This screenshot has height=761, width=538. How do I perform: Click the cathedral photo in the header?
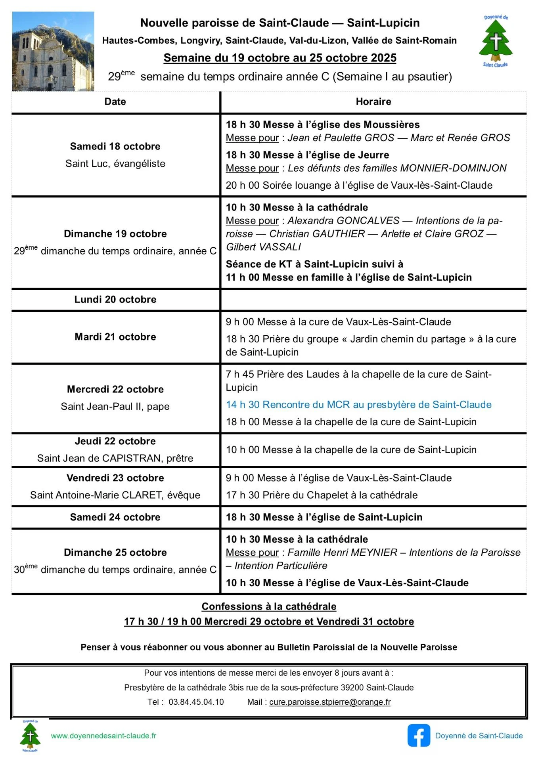click(x=53, y=51)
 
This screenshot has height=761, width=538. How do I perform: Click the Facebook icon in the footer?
click(x=418, y=735)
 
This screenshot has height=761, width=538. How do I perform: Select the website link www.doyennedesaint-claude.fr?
click(x=103, y=736)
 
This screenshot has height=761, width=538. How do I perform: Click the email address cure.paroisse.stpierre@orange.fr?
click(x=330, y=702)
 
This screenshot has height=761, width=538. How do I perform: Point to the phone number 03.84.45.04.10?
click(x=196, y=702)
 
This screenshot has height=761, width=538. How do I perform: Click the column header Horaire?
click(x=373, y=101)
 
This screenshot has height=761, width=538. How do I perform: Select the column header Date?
click(x=115, y=101)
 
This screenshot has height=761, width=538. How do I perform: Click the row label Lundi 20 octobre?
click(x=115, y=299)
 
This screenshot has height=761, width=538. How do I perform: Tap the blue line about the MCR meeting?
click(x=358, y=404)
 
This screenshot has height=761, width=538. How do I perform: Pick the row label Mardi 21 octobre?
click(x=115, y=337)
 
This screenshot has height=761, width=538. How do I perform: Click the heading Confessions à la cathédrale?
click(x=269, y=606)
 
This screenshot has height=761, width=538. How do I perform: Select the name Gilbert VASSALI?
click(x=263, y=247)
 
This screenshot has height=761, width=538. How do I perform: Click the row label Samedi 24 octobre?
click(x=115, y=517)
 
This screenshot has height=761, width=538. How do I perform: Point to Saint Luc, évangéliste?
click(x=115, y=163)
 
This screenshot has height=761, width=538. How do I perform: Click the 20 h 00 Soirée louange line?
click(x=359, y=185)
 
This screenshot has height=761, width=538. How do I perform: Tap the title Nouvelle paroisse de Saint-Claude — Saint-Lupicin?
click(x=280, y=23)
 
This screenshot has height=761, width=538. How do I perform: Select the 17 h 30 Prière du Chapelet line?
click(x=322, y=495)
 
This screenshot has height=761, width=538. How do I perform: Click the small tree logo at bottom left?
click(x=30, y=736)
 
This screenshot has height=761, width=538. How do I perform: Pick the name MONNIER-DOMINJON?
click(x=453, y=168)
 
